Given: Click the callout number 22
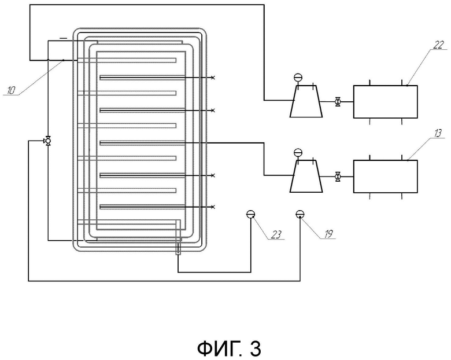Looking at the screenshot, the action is (x=438, y=45).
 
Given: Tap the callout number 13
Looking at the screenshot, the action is (x=438, y=133).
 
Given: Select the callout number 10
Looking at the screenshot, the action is (x=10, y=90).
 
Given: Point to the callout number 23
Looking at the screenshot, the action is (x=276, y=235).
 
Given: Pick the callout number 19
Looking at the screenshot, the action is (x=328, y=234).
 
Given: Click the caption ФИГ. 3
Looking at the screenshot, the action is (x=229, y=348).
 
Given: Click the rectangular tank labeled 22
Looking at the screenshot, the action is (x=386, y=102).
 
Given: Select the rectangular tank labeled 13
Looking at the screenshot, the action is (x=386, y=177).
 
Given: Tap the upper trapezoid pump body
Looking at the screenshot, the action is (x=306, y=101).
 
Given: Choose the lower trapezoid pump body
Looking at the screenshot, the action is (x=306, y=177).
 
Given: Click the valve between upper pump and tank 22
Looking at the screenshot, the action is (x=338, y=102).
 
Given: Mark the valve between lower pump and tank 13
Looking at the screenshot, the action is (x=338, y=177).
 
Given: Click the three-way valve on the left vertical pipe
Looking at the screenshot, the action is (x=47, y=141).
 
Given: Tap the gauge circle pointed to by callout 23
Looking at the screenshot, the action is (x=250, y=214).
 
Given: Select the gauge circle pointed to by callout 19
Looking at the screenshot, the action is (x=300, y=214).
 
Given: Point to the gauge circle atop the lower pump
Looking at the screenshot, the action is (x=298, y=152).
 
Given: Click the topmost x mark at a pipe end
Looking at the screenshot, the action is (x=213, y=78).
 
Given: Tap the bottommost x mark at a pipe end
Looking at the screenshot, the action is (x=213, y=207).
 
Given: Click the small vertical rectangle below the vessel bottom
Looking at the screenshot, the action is (x=178, y=249).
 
